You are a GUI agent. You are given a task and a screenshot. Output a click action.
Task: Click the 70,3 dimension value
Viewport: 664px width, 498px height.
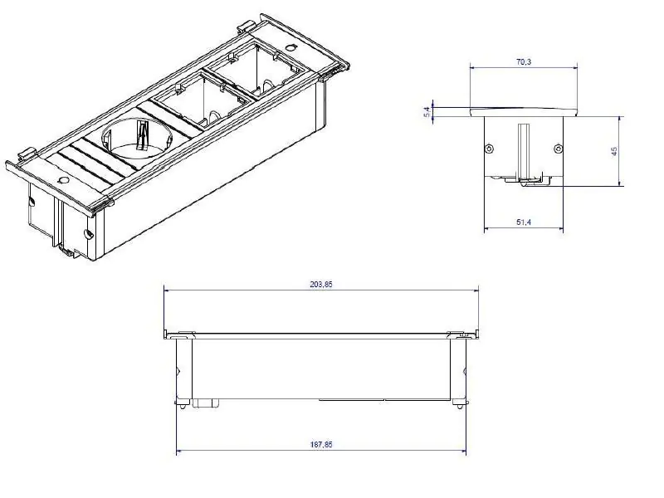[524, 61]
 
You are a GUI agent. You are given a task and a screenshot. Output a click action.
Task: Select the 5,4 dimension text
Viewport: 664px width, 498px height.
[427, 112]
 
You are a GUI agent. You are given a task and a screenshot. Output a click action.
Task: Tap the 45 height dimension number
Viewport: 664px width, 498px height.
[614, 151]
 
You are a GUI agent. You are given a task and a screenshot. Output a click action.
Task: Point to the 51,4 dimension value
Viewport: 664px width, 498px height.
[524, 222]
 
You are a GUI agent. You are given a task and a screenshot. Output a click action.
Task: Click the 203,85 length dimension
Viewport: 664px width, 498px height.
[321, 284]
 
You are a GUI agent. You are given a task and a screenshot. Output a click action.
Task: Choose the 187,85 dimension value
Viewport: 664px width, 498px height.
[321, 444]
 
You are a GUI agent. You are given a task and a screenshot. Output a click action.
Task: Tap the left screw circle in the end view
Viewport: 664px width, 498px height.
[490, 149]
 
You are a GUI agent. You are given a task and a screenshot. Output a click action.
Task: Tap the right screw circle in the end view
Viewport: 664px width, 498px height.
[558, 149]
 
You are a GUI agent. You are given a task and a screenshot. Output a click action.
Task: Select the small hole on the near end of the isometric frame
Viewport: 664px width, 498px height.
[64, 180]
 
